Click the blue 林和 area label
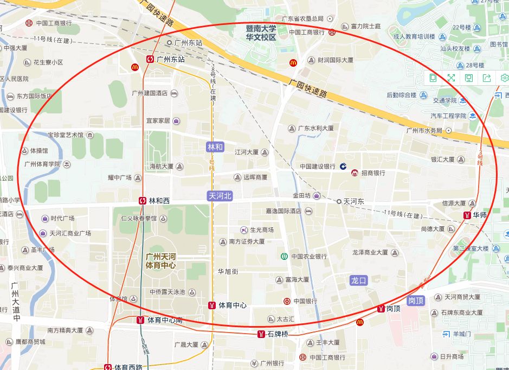(x=215, y=147)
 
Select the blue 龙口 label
(x=359, y=280)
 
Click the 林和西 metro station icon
(x=142, y=201)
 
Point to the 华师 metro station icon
(x=467, y=215)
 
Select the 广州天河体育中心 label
(x=160, y=261)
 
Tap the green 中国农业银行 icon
(x=284, y=256)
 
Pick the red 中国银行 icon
(x=287, y=301)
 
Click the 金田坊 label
(x=302, y=195)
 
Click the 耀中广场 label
(x=120, y=177)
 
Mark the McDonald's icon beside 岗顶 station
(x=360, y=322)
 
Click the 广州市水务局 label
(x=424, y=131)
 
